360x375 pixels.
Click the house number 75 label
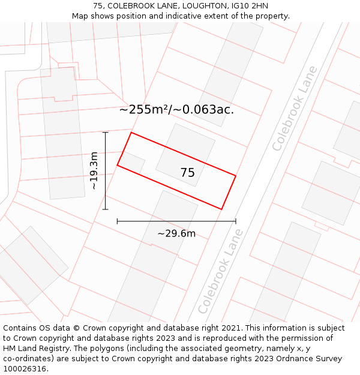coord(187,173)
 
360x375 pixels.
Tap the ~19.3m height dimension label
coord(94,171)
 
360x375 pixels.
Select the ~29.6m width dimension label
coord(176,233)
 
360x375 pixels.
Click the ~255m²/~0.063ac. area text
coord(176,110)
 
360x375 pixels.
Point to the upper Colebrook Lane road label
coord(295,116)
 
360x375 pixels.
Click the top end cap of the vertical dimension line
coord(106,132)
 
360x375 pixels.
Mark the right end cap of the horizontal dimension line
coord(236,221)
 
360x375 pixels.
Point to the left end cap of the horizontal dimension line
coord(117,221)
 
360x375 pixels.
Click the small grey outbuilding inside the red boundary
coord(133,163)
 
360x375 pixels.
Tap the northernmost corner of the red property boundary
coord(131,133)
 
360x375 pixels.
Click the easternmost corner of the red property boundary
coord(235,176)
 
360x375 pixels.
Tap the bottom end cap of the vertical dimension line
coord(106,209)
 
